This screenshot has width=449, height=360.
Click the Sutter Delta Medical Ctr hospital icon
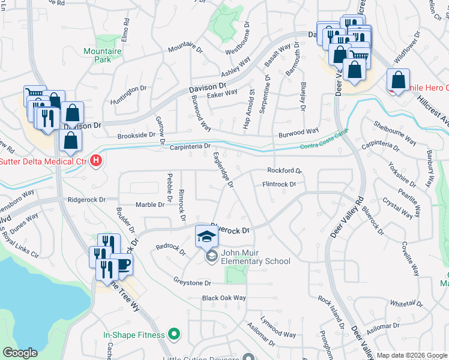click(95, 161)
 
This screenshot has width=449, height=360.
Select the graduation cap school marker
click(206, 236)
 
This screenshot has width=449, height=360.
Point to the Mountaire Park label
click(103, 55)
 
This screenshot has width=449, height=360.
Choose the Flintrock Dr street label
click(279, 184)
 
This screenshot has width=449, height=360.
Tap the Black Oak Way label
click(224, 298)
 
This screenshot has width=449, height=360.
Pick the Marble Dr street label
click(149, 205)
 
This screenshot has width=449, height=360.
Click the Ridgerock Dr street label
click(87, 199)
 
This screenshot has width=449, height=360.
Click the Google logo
click(20, 353)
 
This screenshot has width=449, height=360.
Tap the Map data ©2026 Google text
click(411, 355)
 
